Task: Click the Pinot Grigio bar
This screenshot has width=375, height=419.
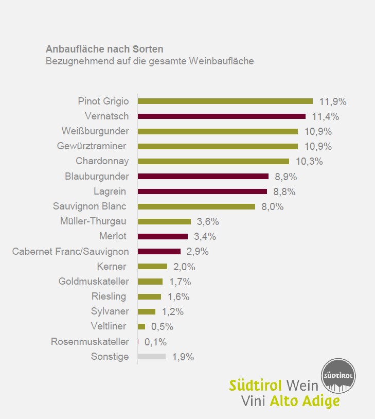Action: [225, 101]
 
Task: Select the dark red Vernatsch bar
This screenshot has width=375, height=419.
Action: [221, 116]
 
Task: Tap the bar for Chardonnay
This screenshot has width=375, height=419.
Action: [213, 161]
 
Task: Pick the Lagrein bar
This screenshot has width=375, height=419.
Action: [202, 191]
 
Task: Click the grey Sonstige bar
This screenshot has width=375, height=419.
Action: [152, 356]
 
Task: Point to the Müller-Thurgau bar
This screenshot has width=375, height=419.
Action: [164, 221]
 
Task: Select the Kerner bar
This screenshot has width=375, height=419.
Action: [152, 267]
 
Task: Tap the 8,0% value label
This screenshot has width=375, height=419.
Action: [273, 206]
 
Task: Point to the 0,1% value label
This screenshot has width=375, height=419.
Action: [155, 341]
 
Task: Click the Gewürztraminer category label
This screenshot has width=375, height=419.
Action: [92, 146]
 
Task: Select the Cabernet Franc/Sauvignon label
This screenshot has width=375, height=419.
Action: [70, 252]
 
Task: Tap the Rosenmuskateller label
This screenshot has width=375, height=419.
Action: [90, 341]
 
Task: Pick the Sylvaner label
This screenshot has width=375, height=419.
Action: [110, 311]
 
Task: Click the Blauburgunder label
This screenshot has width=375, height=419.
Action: [97, 176]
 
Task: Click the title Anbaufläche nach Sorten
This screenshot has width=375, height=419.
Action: [104, 49]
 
